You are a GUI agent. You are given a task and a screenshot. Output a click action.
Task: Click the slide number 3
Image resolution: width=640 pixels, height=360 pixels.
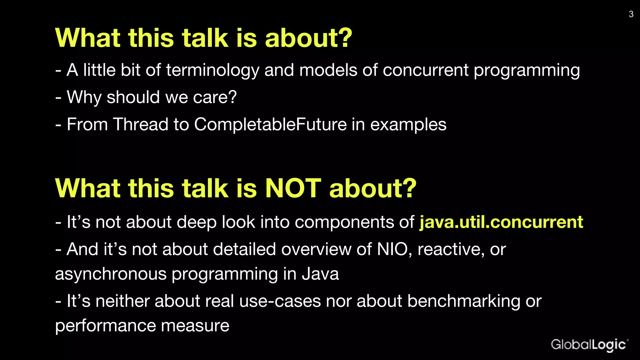click(631, 14)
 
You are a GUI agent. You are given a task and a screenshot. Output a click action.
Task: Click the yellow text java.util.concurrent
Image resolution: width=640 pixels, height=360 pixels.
click(501, 222)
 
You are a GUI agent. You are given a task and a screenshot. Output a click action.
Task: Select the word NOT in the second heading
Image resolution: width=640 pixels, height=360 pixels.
click(293, 188)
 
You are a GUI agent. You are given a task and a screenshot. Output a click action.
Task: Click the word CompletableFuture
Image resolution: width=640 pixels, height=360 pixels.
click(270, 124)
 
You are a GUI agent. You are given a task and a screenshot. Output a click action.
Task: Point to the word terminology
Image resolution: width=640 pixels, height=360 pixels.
click(212, 70)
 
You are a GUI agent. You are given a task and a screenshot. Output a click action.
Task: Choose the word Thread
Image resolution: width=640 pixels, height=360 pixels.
click(141, 124)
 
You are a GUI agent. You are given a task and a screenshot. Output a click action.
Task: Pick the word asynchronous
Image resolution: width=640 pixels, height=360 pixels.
click(111, 274)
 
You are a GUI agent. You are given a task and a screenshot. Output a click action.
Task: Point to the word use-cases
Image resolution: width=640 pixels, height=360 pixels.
click(280, 301)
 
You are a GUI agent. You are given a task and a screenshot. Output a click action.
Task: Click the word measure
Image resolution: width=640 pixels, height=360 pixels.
click(195, 326)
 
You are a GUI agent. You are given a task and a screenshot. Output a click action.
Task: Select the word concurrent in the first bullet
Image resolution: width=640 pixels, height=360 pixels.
click(425, 70)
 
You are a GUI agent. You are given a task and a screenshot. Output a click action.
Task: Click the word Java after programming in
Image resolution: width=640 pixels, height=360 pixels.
click(320, 274)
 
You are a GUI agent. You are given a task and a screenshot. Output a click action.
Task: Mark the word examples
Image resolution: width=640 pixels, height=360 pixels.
click(408, 124)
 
